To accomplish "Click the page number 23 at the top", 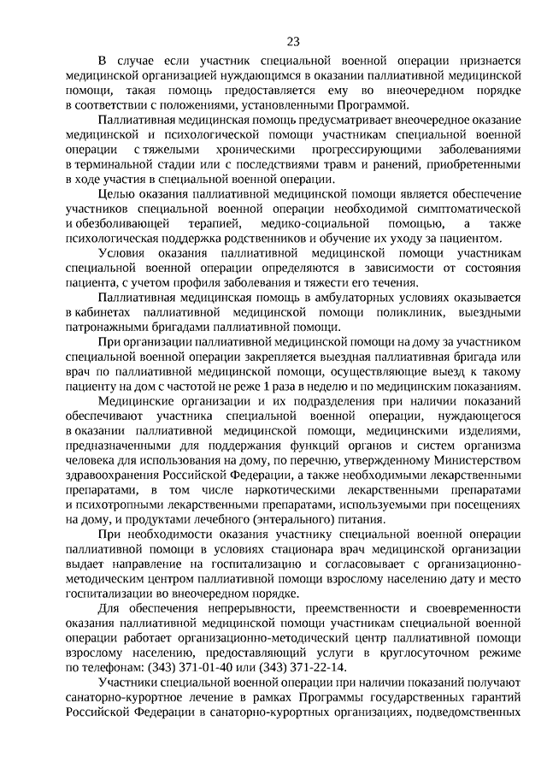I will [293, 41].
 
